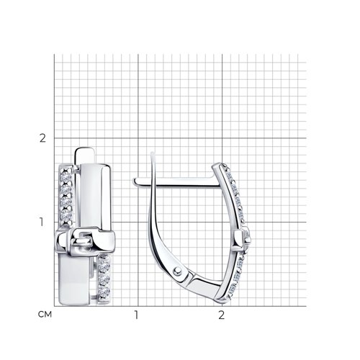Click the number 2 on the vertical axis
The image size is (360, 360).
click(x=42, y=138)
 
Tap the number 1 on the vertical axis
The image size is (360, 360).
click(x=42, y=222)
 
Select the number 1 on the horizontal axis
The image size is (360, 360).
click(x=137, y=315)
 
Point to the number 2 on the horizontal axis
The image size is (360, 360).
click(x=221, y=315)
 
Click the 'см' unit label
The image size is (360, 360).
click(x=45, y=315)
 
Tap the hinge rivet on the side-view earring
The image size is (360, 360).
click(x=177, y=271)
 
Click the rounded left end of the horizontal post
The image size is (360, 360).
click(x=135, y=181)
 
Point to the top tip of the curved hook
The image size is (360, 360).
click(x=152, y=153)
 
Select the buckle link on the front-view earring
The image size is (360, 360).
click(x=85, y=241)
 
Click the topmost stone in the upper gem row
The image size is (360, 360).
click(x=66, y=170)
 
